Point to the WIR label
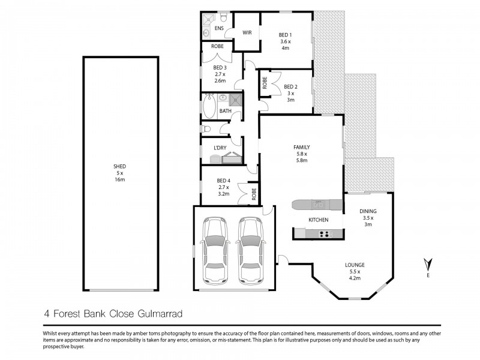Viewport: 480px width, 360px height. [247, 33]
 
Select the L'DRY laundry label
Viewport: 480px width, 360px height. [220, 148]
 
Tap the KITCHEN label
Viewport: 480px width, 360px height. [318, 220]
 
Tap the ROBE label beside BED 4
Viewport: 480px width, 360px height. [254, 194]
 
